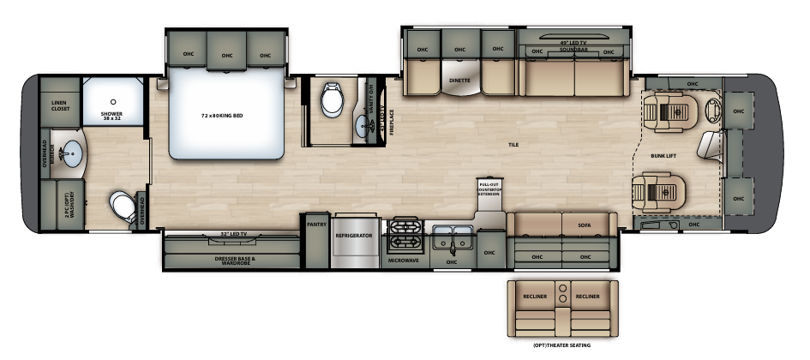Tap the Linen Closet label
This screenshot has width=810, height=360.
pos(58,105)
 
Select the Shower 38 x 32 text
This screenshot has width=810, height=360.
pos(112,115)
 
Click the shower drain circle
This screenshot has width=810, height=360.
pos(112,101)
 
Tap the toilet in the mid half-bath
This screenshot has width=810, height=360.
pos(332,102)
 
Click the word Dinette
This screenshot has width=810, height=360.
pos(459,80)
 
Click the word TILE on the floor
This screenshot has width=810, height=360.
pos(514,145)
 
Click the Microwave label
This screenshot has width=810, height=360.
pos(403,259)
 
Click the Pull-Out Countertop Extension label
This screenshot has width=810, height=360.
pos(488,188)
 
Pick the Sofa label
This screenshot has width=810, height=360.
pos(584,225)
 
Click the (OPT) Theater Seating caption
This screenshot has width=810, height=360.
pos(561,346)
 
